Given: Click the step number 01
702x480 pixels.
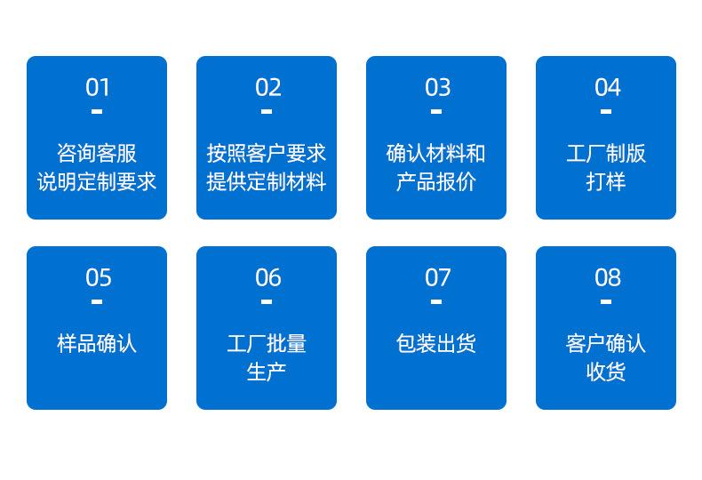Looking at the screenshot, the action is click(98, 87).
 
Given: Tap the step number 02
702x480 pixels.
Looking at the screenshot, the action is click(267, 87).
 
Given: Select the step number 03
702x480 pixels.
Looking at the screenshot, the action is click(437, 87).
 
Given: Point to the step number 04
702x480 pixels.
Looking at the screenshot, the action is click(607, 87).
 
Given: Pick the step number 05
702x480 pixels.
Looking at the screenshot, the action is click(98, 277).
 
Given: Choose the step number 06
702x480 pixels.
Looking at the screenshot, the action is click(267, 277).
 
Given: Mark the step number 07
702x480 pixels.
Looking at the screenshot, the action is click(437, 277).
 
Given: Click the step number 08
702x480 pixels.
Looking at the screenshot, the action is click(607, 277).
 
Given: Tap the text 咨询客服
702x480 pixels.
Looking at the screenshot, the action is click(97, 153).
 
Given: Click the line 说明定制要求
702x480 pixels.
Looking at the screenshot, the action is click(97, 181).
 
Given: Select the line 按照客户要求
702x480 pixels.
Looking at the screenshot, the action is click(267, 153).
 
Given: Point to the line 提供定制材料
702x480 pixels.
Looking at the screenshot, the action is click(267, 181).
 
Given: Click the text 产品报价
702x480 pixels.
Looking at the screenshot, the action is click(436, 181).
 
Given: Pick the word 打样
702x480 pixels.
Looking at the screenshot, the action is click(606, 181).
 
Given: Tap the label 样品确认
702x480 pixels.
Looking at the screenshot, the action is click(97, 343).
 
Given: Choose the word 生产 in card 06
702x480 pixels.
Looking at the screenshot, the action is click(267, 372).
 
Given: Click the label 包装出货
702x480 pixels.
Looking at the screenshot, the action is click(436, 343).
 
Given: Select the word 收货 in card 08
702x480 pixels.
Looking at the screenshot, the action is click(606, 372).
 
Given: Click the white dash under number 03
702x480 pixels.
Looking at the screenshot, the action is click(436, 112).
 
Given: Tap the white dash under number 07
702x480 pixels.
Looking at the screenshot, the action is click(436, 302).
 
